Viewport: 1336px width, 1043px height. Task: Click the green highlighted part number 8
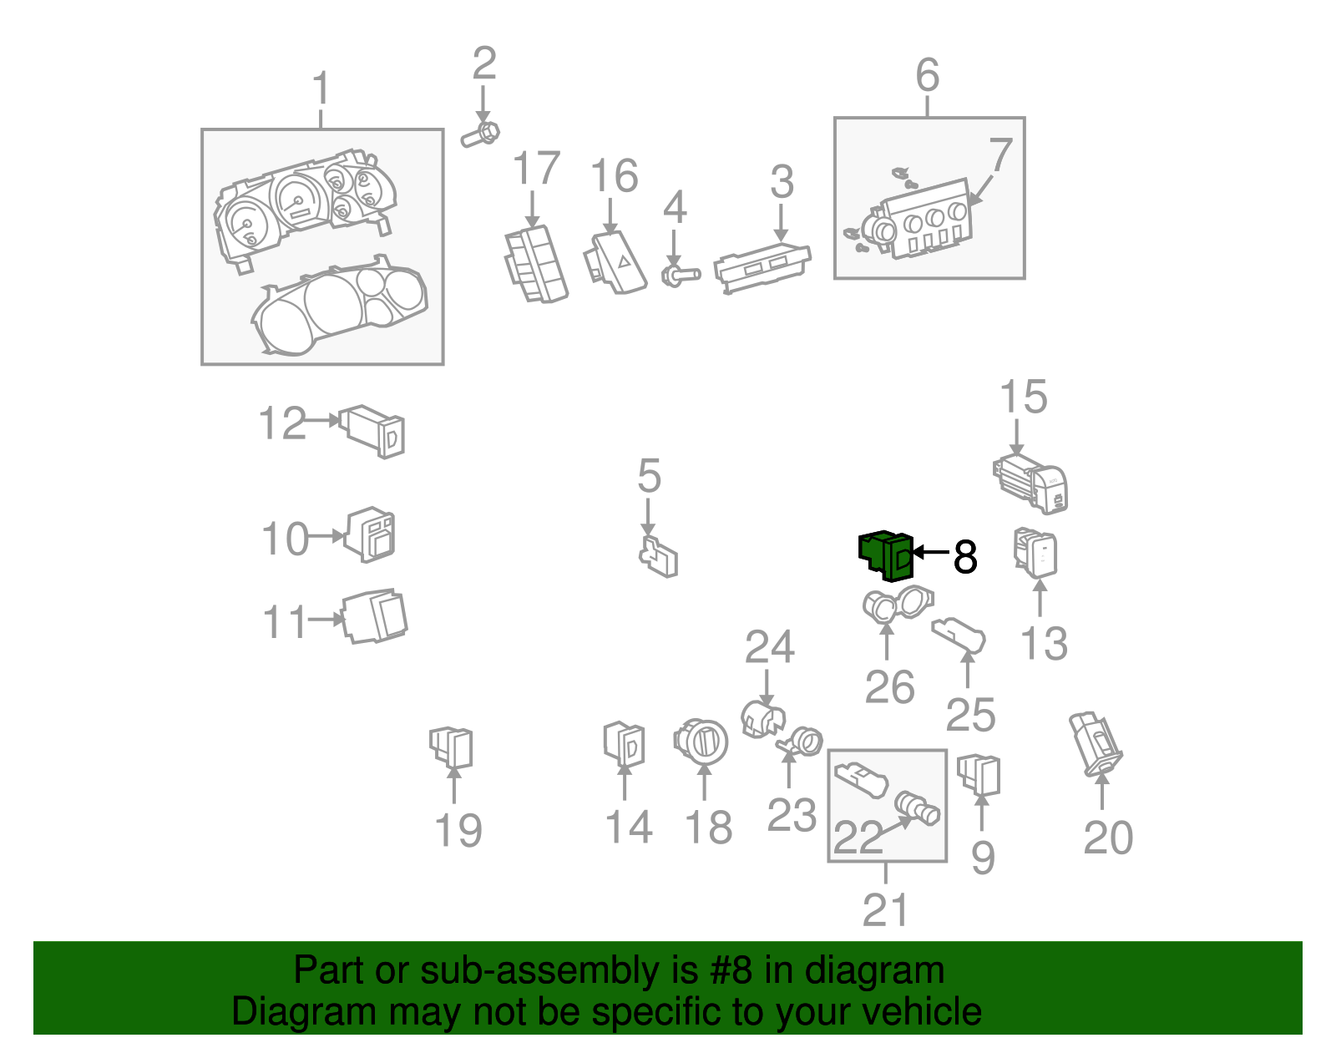pos(887,554)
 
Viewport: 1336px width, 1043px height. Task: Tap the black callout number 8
pos(964,557)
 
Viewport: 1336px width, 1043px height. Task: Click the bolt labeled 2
pos(480,134)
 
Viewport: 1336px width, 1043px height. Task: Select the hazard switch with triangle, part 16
pos(616,262)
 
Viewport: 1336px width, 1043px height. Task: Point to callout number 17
pos(535,170)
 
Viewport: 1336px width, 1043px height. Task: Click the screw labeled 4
pos(680,274)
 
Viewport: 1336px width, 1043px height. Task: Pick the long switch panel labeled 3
pos(762,266)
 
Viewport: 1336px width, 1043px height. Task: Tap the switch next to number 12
pos(373,430)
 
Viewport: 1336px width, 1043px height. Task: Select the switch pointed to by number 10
pos(371,534)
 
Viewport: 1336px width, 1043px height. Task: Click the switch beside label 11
pos(375,617)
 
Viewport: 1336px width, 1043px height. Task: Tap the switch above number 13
pos(1035,552)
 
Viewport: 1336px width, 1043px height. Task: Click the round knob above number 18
pos(701,742)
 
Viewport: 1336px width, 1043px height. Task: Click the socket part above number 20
pos(1097,743)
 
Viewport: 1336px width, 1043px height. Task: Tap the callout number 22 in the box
pos(858,838)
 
